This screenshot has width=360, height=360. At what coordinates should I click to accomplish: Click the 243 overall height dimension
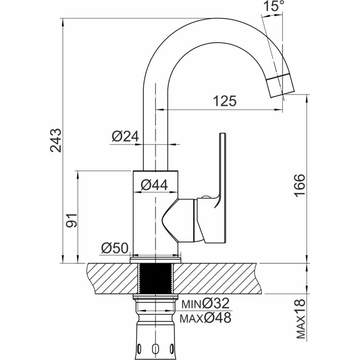tap(56, 140)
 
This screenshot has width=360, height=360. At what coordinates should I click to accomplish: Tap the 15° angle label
tap(274, 6)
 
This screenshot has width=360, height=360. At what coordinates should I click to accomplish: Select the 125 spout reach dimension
tap(225, 101)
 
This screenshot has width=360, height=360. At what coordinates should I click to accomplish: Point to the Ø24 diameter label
tap(125, 136)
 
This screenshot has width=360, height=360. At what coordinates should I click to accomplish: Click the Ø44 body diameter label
tap(154, 185)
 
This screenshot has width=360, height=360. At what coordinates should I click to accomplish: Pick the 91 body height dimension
tap(71, 220)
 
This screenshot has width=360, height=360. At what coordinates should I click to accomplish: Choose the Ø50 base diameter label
tap(115, 248)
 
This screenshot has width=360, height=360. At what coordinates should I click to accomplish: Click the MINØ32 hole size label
tap(206, 303)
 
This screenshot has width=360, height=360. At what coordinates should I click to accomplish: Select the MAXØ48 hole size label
tap(206, 318)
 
